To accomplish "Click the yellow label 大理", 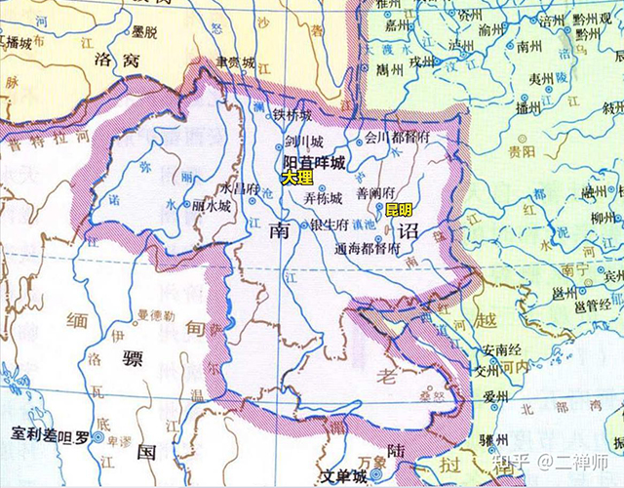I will tap(297, 179).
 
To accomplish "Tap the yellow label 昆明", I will tap(399, 210).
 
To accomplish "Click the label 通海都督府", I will tap(368, 249).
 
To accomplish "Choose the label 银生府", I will tap(329, 224).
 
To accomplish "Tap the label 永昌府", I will tap(240, 186).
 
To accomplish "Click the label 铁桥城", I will tap(292, 115).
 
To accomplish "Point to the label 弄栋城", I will tap(323, 198).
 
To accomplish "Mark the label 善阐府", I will tap(377, 193).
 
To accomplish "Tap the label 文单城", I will tap(345, 476).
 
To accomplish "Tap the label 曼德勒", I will tap(156, 316).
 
